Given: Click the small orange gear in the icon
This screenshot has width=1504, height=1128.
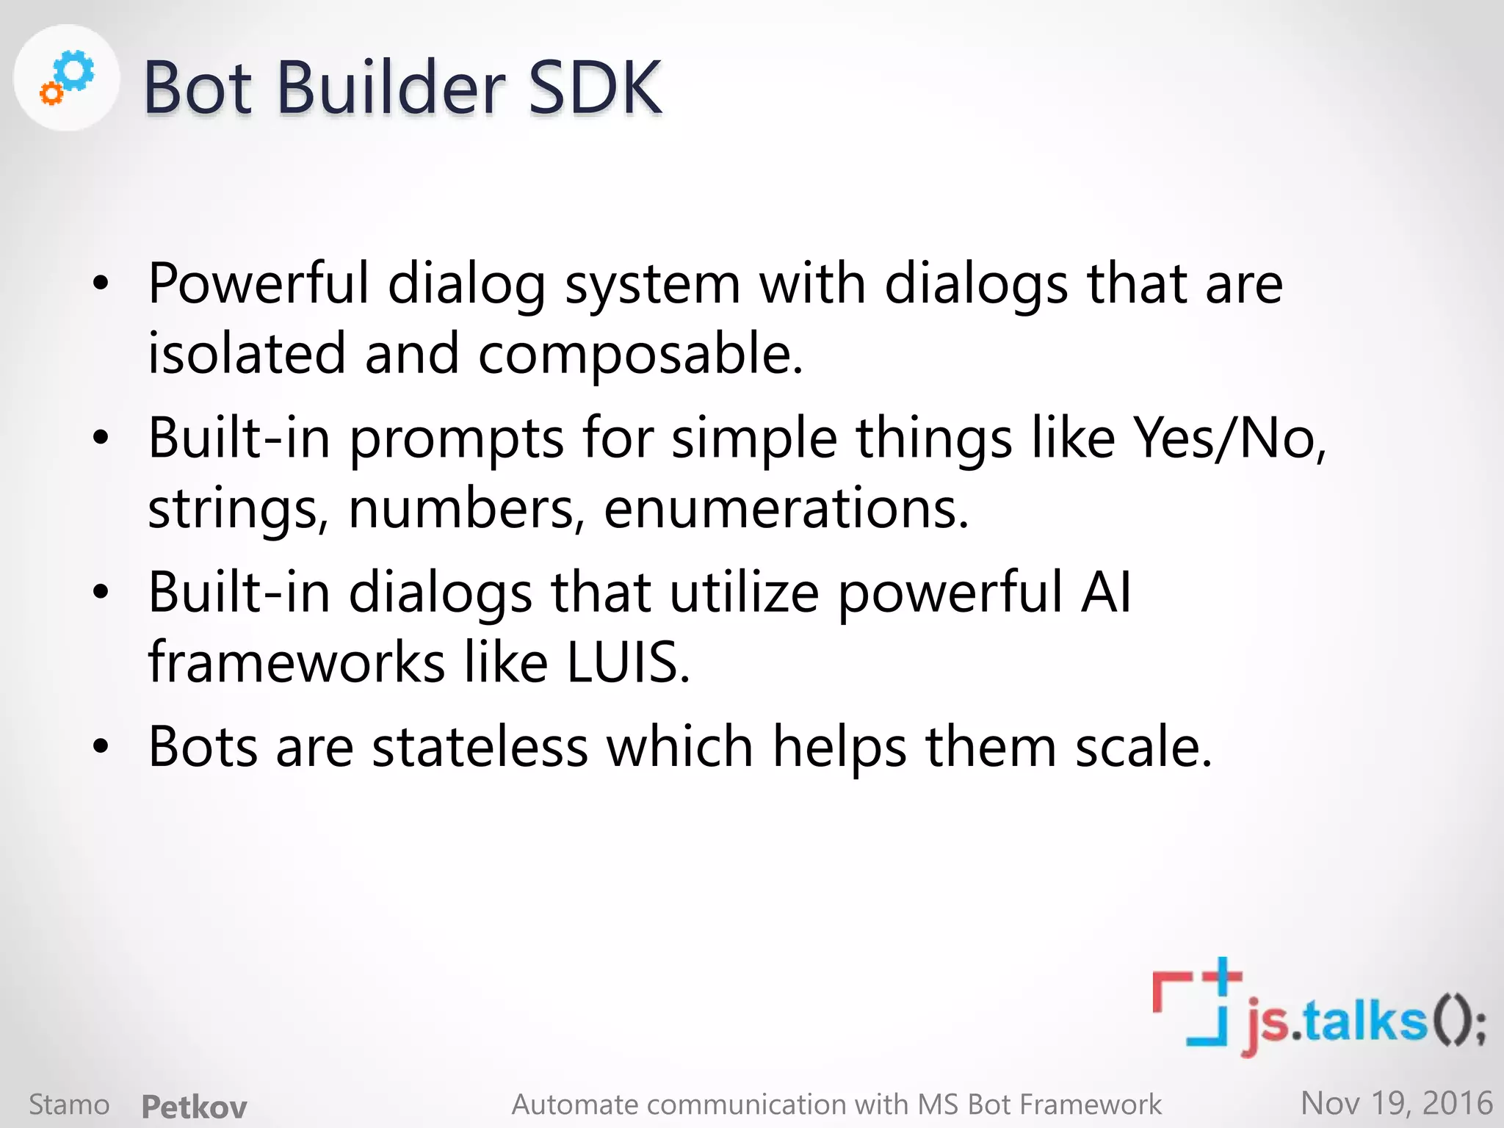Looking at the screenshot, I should tap(51, 94).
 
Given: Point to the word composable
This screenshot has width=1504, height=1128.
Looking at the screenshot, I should tap(640, 354).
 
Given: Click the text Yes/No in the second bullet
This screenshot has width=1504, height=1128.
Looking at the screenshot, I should tap(1229, 438).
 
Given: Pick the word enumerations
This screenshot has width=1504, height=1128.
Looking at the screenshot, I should tap(786, 508).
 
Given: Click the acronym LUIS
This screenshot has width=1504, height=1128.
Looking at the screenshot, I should tap(628, 662).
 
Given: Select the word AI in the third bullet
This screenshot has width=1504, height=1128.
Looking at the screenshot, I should tap(1106, 592).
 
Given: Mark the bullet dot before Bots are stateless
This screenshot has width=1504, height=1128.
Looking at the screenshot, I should tap(101, 747).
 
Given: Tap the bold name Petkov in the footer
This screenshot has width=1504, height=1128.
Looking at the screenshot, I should tap(194, 1106).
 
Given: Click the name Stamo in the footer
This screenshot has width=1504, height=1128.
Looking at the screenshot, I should tap(69, 1104).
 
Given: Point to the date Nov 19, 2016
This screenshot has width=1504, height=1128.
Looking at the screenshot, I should tap(1396, 1103).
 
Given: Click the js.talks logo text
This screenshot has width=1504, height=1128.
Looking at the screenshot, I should tap(1359, 1021).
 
